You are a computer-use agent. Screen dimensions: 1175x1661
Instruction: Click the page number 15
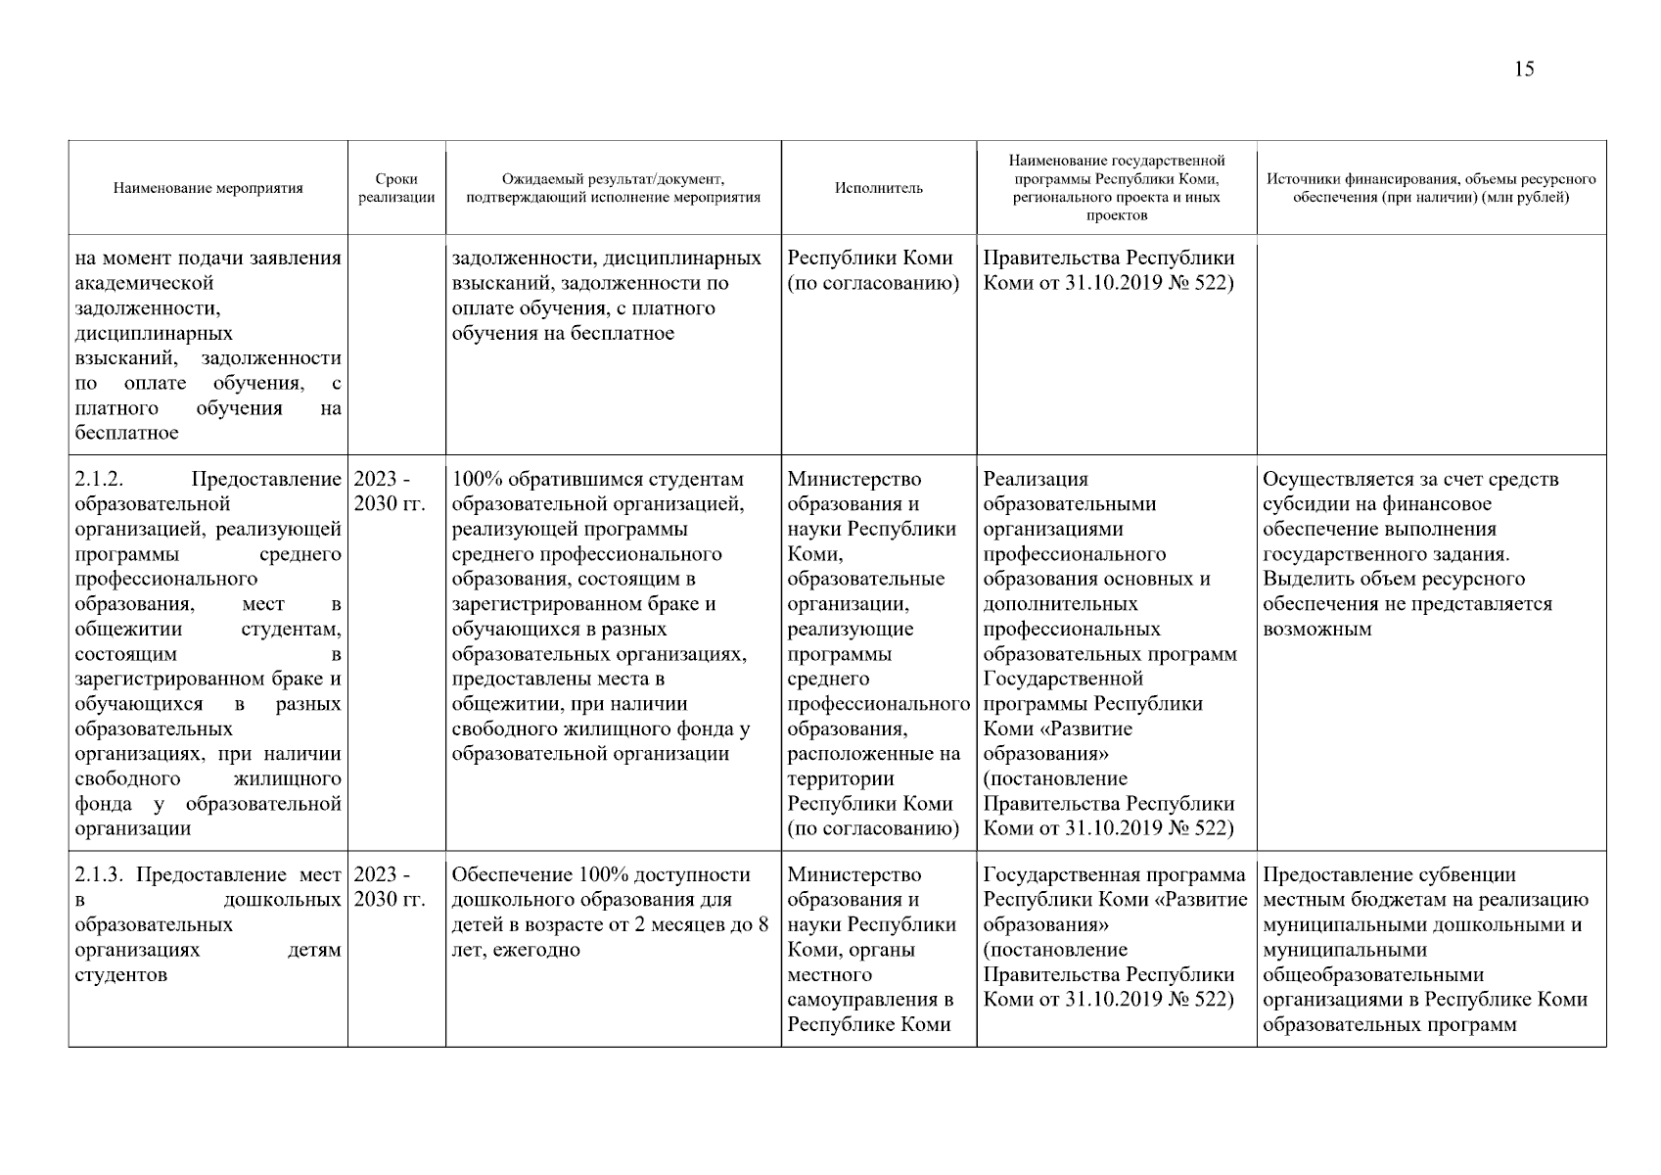pos(1524,69)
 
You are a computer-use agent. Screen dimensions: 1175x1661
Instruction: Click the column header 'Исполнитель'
pos(878,188)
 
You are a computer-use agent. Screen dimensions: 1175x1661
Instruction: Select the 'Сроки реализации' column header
pos(396,188)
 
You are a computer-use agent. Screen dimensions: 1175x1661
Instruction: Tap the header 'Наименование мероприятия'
pos(208,188)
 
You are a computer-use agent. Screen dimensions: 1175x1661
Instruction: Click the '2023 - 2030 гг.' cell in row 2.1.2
pos(389,492)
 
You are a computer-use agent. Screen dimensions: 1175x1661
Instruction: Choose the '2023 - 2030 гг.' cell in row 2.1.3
pos(389,887)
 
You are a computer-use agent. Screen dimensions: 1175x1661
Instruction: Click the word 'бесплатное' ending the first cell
pos(126,433)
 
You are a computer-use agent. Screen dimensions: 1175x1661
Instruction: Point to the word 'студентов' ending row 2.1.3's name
pos(120,975)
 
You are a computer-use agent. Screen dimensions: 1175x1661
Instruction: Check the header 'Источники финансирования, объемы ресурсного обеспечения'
pos(1430,188)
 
